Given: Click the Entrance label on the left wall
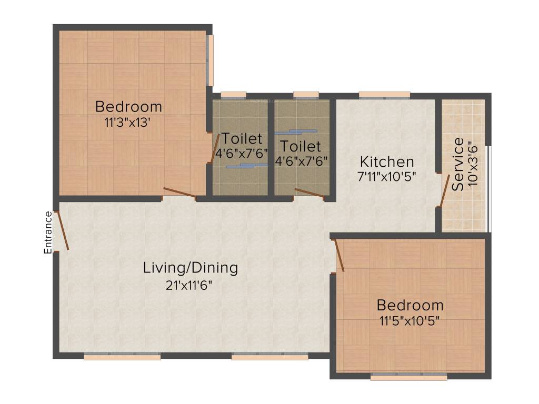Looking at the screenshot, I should (x=48, y=233).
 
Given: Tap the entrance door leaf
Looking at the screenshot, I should (x=63, y=230).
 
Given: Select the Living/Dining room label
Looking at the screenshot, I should (x=191, y=268).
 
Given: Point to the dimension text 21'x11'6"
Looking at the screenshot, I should (x=191, y=286).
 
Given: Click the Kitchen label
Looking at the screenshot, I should (x=387, y=161).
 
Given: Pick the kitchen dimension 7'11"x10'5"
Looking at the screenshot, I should (x=387, y=177).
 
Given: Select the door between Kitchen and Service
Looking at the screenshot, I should (x=445, y=190).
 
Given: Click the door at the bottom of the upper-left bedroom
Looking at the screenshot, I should (x=179, y=193).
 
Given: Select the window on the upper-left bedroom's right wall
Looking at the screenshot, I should (x=211, y=60).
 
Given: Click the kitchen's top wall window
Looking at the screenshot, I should (x=384, y=95).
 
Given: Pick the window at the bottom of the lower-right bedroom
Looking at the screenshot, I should (x=408, y=377).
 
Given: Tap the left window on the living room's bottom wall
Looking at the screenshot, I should (x=122, y=357).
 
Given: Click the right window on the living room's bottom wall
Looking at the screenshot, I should (x=269, y=357).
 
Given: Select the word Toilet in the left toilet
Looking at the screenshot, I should (x=242, y=139).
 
